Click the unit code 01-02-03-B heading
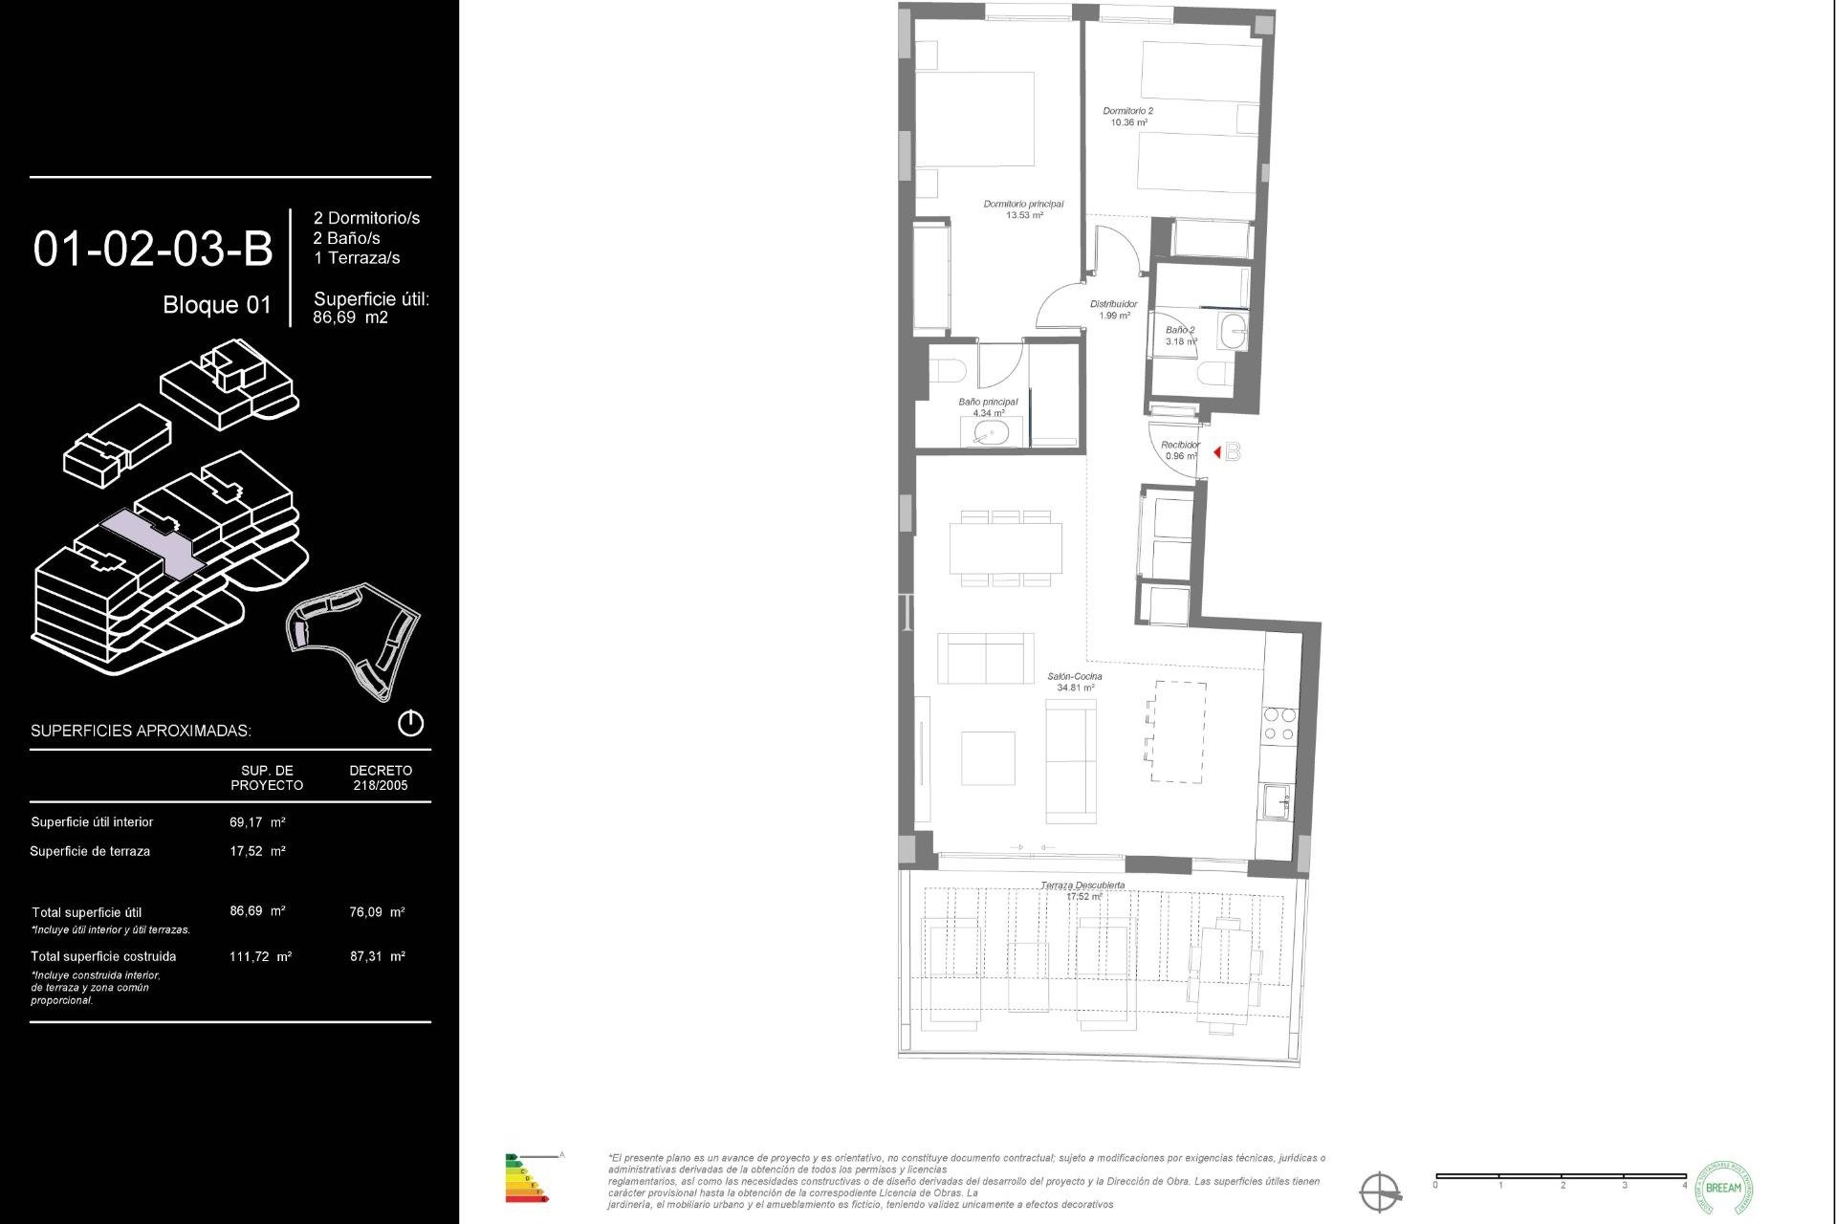point(153,249)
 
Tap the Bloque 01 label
point(217,305)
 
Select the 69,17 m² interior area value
point(257,821)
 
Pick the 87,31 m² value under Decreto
point(378,955)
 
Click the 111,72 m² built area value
point(260,955)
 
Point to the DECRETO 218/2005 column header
point(380,777)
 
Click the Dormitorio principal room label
point(1023,205)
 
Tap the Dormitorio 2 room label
point(1128,112)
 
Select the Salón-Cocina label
point(1075,677)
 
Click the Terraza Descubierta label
point(1082,886)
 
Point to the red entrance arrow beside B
point(1216,452)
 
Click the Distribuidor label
point(1114,305)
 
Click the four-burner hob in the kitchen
point(1279,724)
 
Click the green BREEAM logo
point(1723,1188)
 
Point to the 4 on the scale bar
point(1685,1185)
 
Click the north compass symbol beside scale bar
point(1381,1192)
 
